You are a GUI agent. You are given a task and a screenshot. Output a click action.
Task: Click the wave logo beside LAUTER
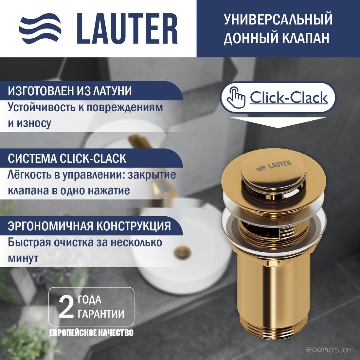click(40, 28)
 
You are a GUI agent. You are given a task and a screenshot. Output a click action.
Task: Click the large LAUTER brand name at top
click(127, 28)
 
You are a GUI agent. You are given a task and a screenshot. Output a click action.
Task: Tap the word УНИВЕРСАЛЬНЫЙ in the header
click(278, 19)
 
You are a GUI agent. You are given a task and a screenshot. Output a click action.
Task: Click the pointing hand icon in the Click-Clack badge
click(236, 97)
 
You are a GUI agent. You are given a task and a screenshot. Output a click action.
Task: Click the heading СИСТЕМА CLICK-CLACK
click(67, 158)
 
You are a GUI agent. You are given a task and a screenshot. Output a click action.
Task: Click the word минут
click(23, 258)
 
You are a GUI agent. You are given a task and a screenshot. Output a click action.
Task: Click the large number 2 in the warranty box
click(66, 308)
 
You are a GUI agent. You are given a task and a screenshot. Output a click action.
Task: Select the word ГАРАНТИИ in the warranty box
click(101, 314)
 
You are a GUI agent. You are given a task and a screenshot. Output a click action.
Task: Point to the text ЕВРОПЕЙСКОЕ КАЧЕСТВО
click(91, 333)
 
